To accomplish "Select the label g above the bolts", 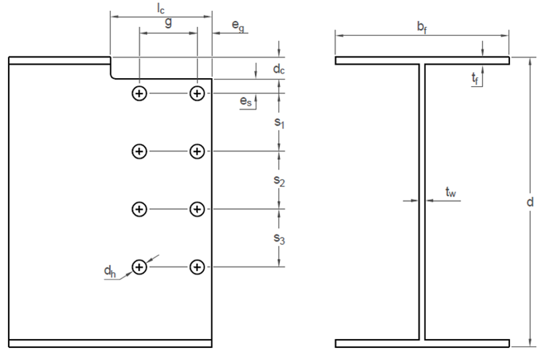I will [167, 22].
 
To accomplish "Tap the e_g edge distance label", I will [238, 26].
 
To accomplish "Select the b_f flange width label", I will [421, 28].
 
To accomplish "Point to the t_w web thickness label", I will [451, 193].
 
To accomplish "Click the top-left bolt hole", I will [139, 94].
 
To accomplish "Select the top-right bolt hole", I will [196, 94].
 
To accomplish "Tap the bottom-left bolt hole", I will [139, 268].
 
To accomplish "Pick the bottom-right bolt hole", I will [196, 268].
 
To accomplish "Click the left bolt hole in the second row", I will [139, 151].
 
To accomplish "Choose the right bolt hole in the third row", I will [196, 210].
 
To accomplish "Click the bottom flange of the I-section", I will [422, 343].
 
